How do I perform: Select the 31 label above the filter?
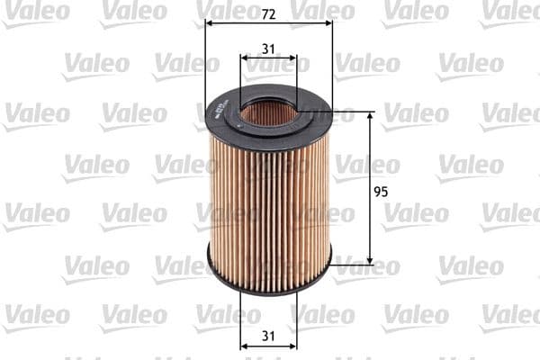click(268, 49)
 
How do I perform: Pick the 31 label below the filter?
click(268, 336)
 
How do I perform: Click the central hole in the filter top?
click(269, 112)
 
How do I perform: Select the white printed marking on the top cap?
click(217, 110)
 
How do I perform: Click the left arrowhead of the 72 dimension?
click(210, 25)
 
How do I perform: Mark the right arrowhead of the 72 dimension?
click(328, 25)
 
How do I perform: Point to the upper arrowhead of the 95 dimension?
click(370, 117)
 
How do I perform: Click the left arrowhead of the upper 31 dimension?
click(244, 59)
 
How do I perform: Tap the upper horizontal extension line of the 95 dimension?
click(351, 112)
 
